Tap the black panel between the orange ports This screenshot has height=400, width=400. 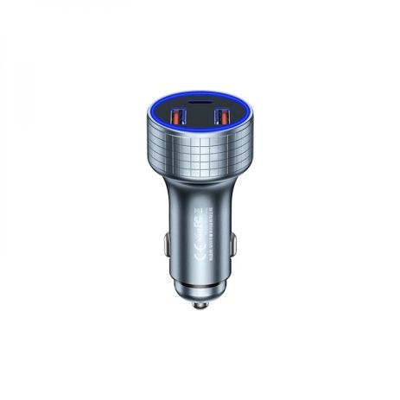tap(200, 118)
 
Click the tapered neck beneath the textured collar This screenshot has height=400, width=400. tap(200, 186)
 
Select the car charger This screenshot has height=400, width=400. tap(200, 199)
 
